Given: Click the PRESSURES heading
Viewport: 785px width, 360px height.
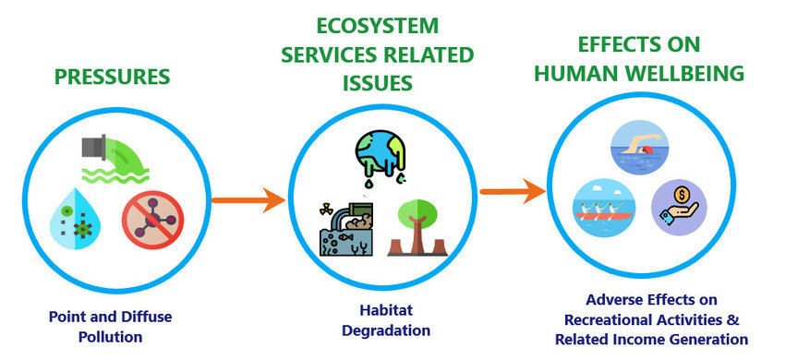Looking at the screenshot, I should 112,76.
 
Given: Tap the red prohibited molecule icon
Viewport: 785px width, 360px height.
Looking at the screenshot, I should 152,223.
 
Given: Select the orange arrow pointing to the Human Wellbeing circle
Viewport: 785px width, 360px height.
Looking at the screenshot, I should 511,192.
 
